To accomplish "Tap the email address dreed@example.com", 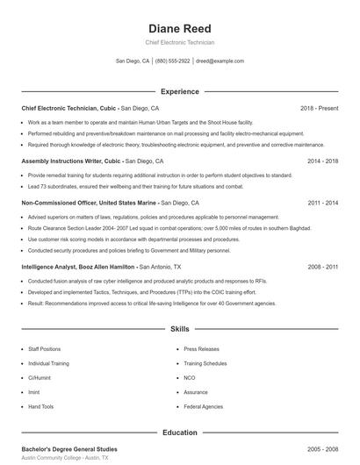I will (219, 61).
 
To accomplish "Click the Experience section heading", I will (179, 91).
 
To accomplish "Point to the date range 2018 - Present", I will (319, 108).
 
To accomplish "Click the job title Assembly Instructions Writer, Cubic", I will (69, 161).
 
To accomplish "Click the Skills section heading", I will (179, 329).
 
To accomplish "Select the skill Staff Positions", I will (45, 348).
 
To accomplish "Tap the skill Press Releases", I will (202, 348).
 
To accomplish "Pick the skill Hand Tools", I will (41, 407).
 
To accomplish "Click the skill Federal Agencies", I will (204, 407).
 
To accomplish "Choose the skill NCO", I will (190, 377).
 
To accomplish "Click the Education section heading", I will (179, 433).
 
